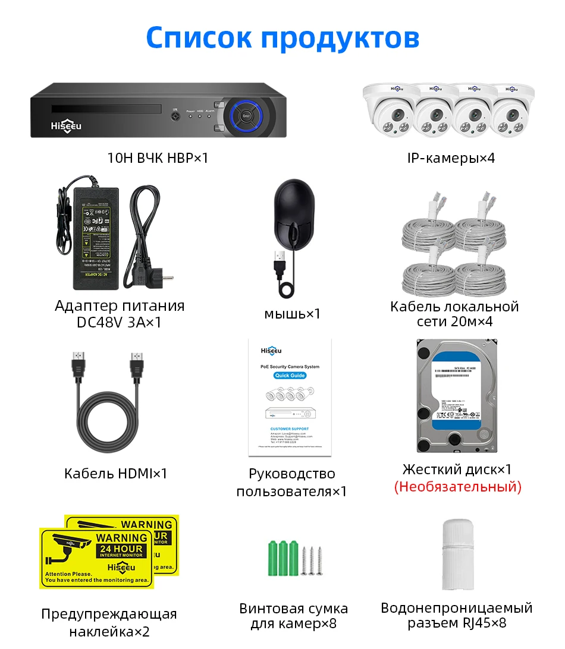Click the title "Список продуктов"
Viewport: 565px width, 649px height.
click(x=282, y=37)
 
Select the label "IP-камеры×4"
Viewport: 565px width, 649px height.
click(x=451, y=157)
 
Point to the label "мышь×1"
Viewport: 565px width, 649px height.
click(x=292, y=313)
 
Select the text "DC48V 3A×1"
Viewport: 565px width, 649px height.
click(x=119, y=322)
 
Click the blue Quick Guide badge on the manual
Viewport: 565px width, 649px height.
click(x=290, y=376)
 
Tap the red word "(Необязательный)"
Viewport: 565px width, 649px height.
click(x=457, y=487)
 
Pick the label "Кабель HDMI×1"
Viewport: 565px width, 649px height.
click(x=116, y=473)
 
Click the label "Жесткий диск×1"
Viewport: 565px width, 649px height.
click(x=457, y=469)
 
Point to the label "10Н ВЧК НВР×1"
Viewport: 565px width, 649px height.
click(x=158, y=157)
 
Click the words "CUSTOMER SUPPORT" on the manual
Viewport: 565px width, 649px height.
click(x=290, y=428)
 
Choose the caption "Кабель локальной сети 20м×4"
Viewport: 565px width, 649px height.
click(x=454, y=314)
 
